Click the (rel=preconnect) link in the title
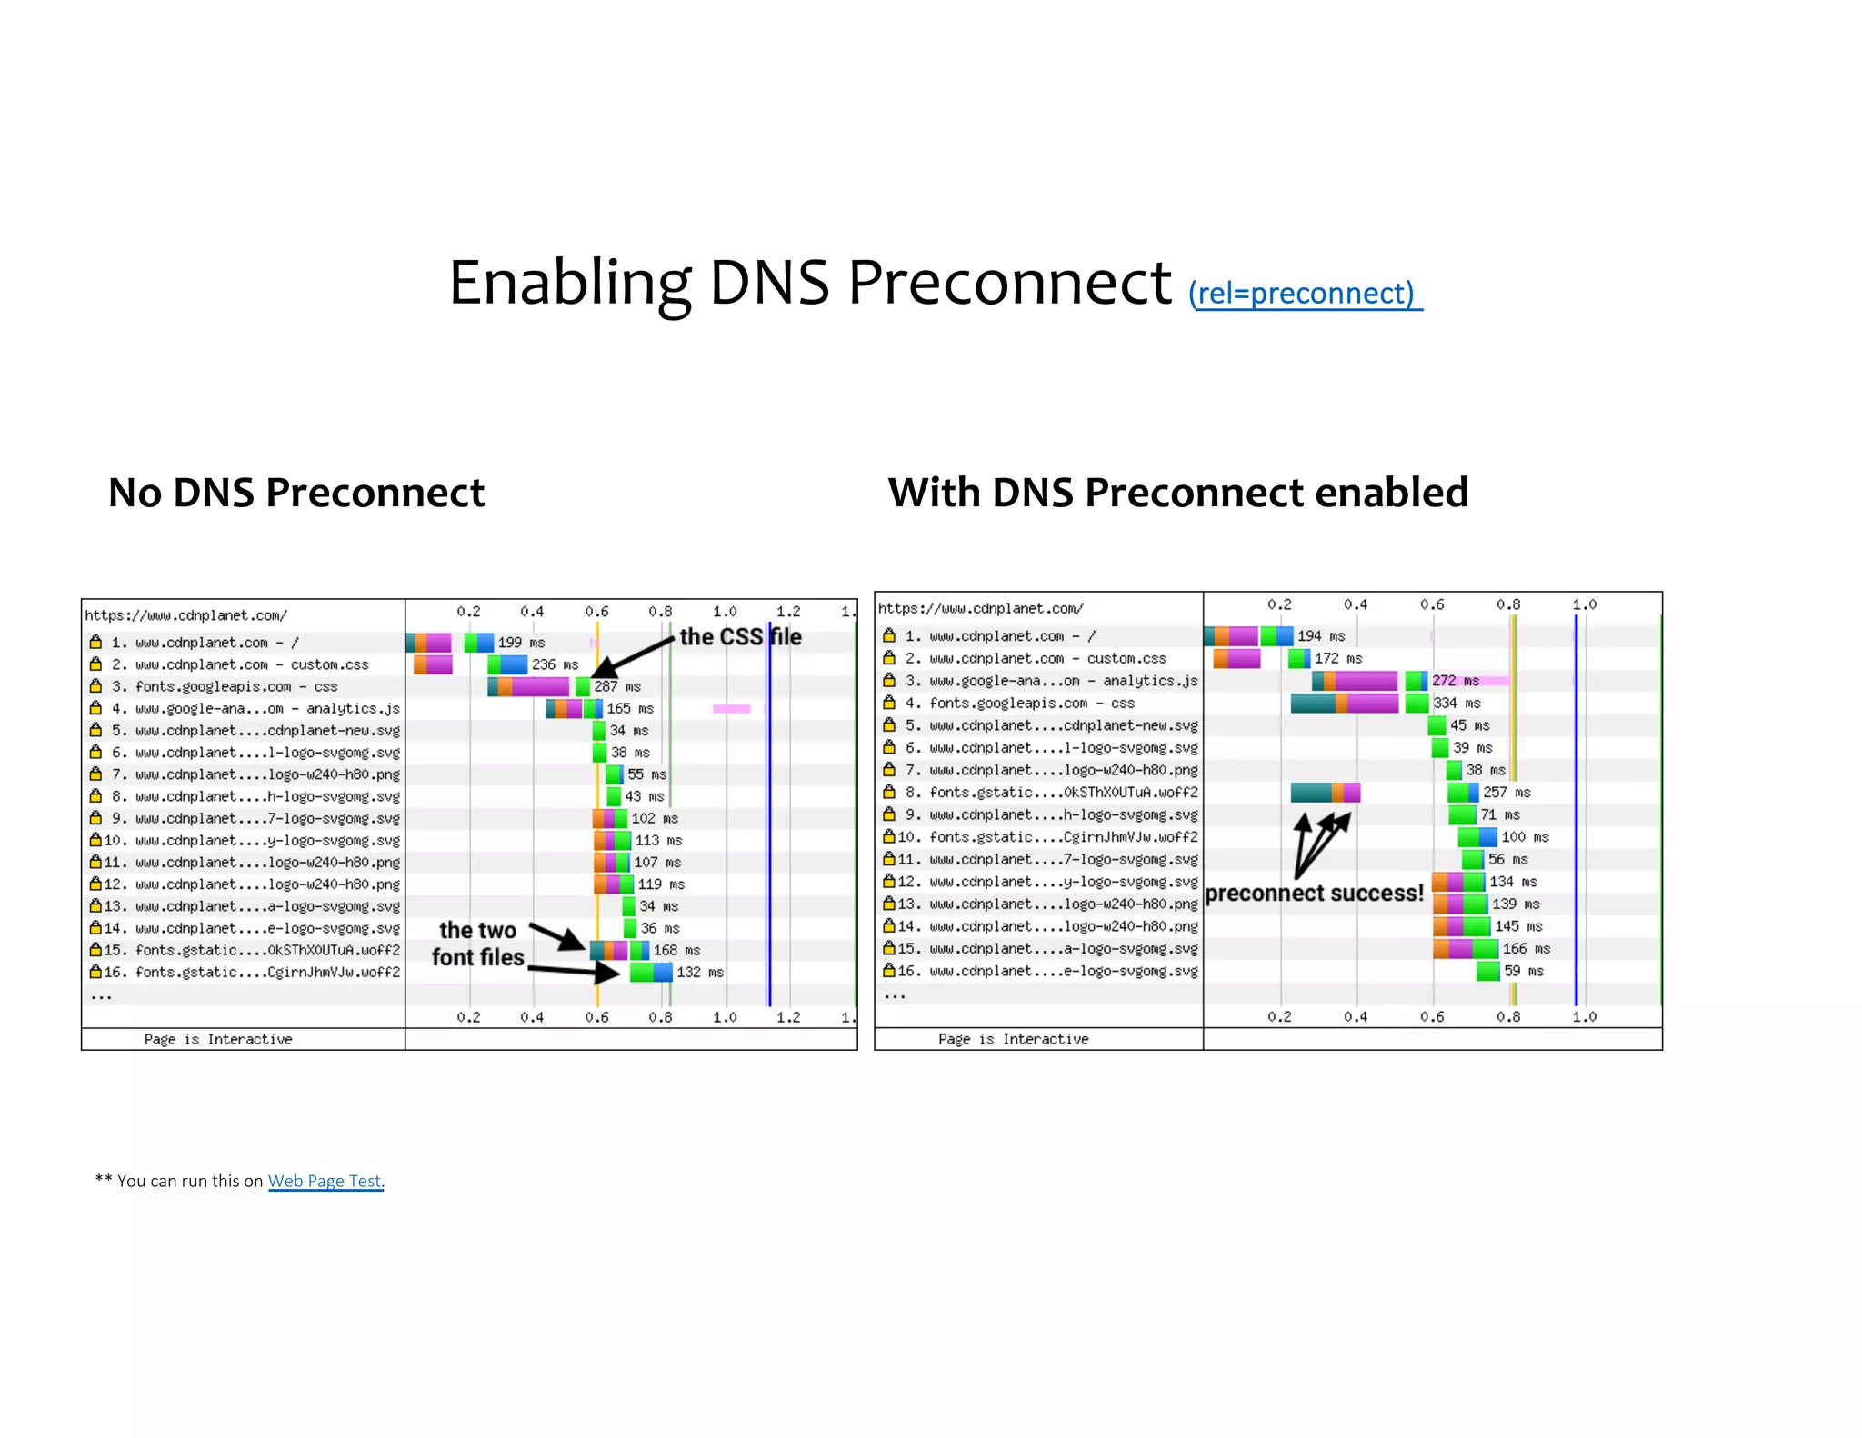pos(1305,294)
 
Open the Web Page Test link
pos(325,1181)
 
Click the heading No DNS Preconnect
pos(296,493)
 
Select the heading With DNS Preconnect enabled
pos(1177,493)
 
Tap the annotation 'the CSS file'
pos(740,636)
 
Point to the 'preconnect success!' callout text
pos(1314,893)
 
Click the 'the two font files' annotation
pos(478,944)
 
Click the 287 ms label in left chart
pos(617,686)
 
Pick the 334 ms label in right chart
pos(1457,703)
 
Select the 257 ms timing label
pos(1507,793)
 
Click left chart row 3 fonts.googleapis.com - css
pos(236,686)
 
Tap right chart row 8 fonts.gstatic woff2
pos(1063,793)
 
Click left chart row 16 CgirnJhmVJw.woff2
pos(267,972)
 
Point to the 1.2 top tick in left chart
pos(788,612)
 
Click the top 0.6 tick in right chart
pos(1432,604)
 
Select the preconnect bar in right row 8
pos(1325,793)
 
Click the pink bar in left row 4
pos(731,708)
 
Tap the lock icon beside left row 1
pos(95,642)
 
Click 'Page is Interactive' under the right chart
pos(1013,1039)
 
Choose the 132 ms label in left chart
pos(699,972)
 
